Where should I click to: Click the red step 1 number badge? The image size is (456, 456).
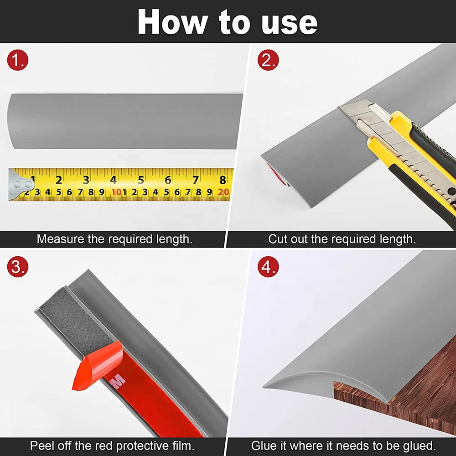pyautogui.click(x=18, y=61)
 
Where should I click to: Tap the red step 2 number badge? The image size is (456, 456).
pyautogui.click(x=268, y=61)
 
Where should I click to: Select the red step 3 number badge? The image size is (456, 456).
pyautogui.click(x=18, y=267)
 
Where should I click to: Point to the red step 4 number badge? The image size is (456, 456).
pyautogui.click(x=268, y=267)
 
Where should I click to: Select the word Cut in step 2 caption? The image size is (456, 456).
pyautogui.click(x=278, y=239)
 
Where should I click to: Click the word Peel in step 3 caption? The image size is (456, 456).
pyautogui.click(x=41, y=446)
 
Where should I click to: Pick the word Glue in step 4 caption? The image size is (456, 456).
pyautogui.click(x=264, y=446)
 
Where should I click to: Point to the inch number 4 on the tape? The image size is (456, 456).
pyautogui.click(x=113, y=180)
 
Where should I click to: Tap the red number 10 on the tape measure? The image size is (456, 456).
pyautogui.click(x=116, y=192)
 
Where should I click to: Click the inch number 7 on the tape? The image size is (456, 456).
pyautogui.click(x=195, y=180)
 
